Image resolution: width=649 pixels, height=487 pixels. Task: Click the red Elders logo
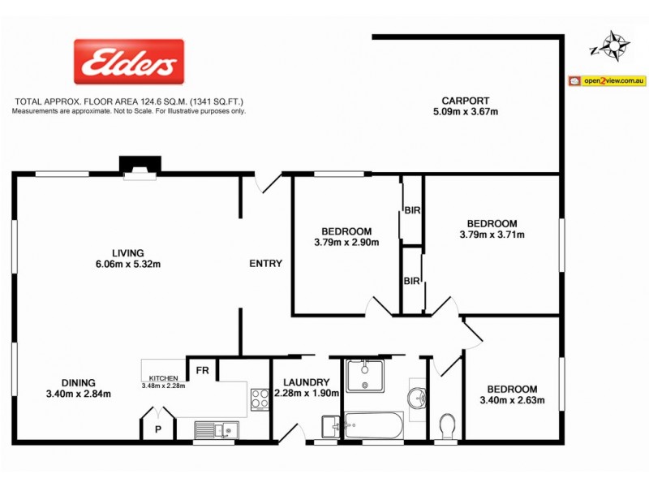click(x=129, y=62)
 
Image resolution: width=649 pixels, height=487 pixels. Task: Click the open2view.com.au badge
click(x=607, y=80)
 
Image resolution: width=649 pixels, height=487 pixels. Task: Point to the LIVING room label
click(x=128, y=252)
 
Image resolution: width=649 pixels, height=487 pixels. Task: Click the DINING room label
click(x=78, y=383)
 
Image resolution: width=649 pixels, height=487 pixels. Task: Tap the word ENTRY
click(x=265, y=263)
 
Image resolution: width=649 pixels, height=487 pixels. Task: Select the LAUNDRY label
click(x=306, y=383)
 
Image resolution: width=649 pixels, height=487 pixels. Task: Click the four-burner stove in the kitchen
click(x=260, y=399)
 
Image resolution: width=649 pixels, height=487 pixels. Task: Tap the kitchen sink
click(x=217, y=429)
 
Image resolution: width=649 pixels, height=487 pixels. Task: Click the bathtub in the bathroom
click(x=373, y=425)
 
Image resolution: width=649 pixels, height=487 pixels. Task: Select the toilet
click(x=446, y=425)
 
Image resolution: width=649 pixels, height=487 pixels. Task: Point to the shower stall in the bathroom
click(x=365, y=377)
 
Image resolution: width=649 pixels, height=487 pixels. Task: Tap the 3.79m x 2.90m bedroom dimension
click(x=346, y=242)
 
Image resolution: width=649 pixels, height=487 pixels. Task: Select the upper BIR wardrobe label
click(x=411, y=210)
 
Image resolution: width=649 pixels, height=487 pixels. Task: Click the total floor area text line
click(x=129, y=102)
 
